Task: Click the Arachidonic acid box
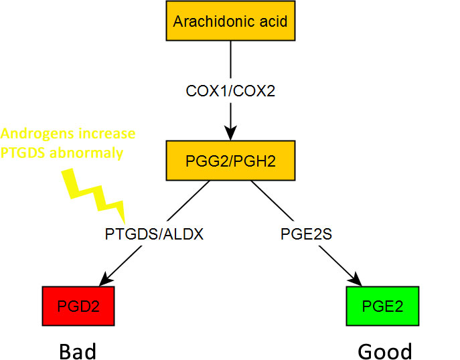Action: click(x=230, y=21)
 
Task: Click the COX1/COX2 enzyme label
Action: click(x=230, y=90)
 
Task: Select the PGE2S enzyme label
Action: click(x=306, y=234)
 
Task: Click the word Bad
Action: click(x=79, y=351)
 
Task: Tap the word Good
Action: click(x=384, y=351)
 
